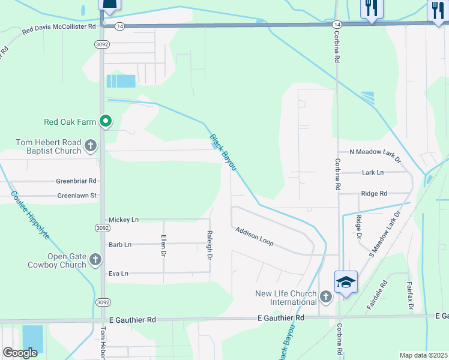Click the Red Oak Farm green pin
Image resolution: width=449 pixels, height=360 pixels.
point(106,122)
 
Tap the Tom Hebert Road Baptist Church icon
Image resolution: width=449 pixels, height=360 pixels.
point(90,145)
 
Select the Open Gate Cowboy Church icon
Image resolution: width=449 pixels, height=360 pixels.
point(95,260)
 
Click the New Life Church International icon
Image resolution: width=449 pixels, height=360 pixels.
point(325,296)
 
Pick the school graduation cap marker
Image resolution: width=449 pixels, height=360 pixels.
point(346,282)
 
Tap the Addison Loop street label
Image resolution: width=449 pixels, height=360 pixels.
point(255,236)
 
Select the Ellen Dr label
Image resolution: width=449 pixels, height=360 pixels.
point(163,245)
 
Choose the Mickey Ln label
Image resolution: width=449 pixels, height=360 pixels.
point(124,220)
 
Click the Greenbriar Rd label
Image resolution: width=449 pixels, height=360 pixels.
point(76,181)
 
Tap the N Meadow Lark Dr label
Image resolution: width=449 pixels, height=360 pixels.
point(369,152)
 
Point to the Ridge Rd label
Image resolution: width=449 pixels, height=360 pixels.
point(374,194)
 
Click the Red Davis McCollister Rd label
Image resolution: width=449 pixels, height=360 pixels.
point(59,27)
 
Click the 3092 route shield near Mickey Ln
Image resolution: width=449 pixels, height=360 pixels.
point(101,228)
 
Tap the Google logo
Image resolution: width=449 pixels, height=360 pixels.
point(20,352)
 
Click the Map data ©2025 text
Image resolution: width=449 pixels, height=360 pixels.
point(423,355)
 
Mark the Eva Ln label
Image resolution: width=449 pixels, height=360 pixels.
point(119,274)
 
